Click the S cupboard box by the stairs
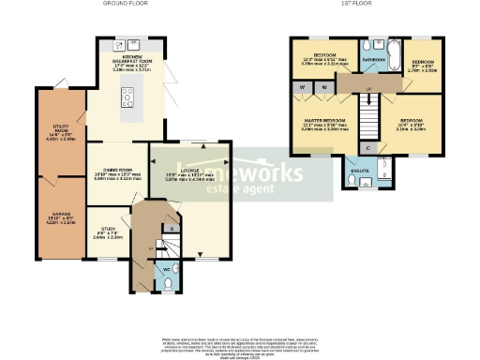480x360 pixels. coord(170,228)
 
